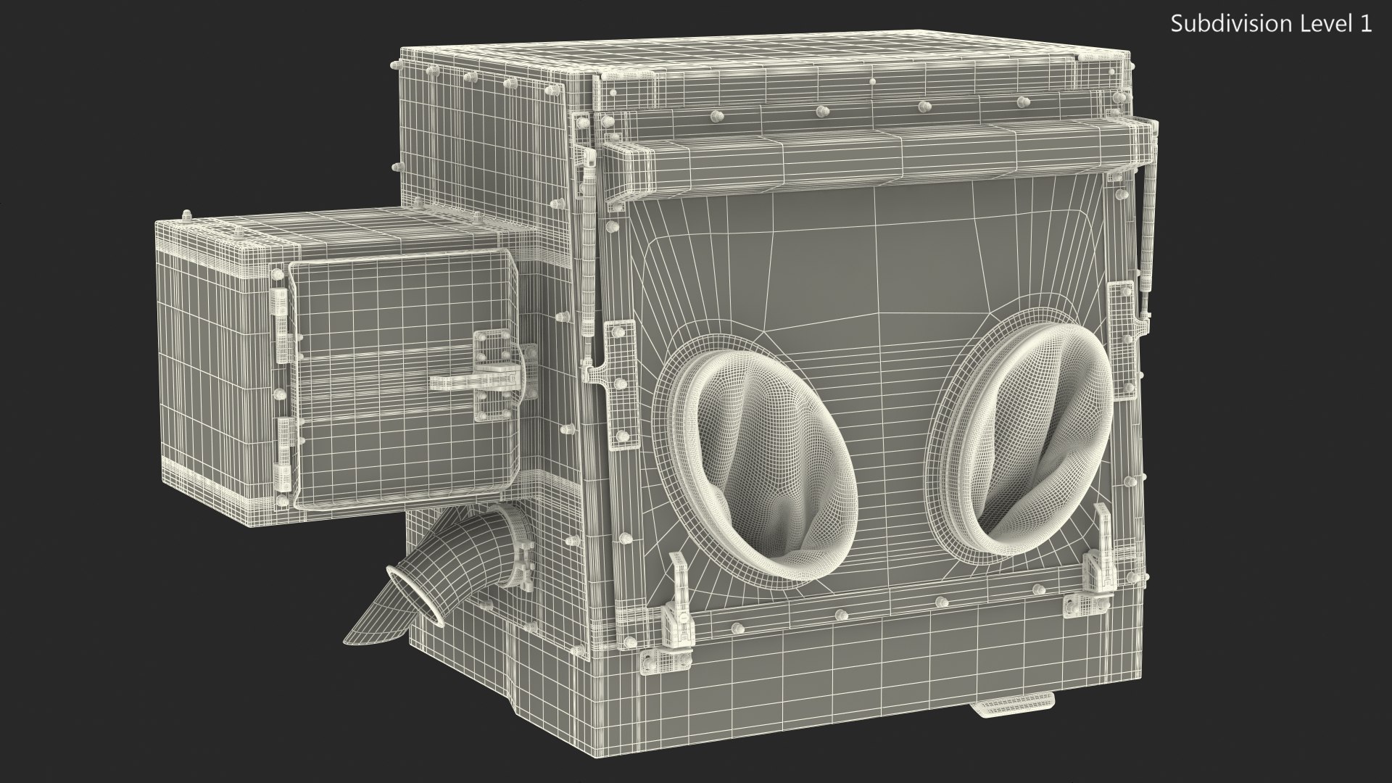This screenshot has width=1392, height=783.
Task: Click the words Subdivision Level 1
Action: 1271,24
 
